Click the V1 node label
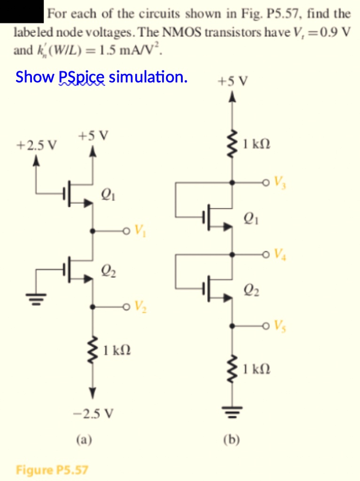(140, 231)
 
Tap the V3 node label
(280, 183)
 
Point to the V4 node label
(280, 255)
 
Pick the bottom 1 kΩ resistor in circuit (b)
(232, 366)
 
